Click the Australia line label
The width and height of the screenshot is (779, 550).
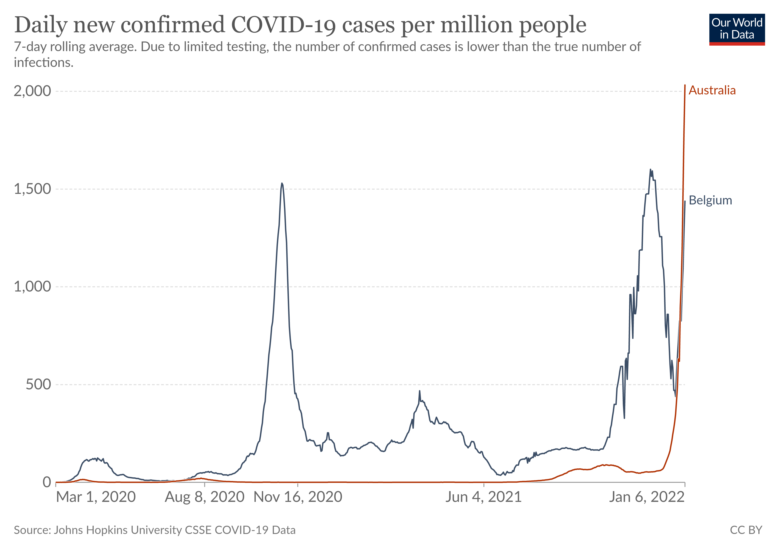pyautogui.click(x=712, y=90)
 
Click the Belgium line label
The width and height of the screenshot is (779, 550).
pyautogui.click(x=710, y=200)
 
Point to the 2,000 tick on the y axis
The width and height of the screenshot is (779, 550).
pyautogui.click(x=32, y=91)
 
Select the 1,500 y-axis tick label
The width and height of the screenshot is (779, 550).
pyautogui.click(x=32, y=189)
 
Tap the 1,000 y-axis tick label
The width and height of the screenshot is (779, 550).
pyautogui.click(x=32, y=287)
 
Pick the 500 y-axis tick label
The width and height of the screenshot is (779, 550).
pyautogui.click(x=38, y=384)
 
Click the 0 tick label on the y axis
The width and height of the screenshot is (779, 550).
pyautogui.click(x=47, y=482)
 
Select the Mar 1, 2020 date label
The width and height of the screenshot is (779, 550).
pyautogui.click(x=96, y=497)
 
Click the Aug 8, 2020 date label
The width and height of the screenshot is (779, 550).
pyautogui.click(x=205, y=497)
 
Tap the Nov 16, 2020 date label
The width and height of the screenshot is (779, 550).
pyautogui.click(x=298, y=497)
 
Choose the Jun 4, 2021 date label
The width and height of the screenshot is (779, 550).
pyautogui.click(x=483, y=497)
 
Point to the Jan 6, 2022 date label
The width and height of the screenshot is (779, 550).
pyautogui.click(x=647, y=497)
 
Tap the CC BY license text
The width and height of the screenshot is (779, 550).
pyautogui.click(x=746, y=530)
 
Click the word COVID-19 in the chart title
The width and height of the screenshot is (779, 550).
pyautogui.click(x=284, y=25)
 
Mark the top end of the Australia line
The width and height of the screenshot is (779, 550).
pyautogui.click(x=685, y=85)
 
